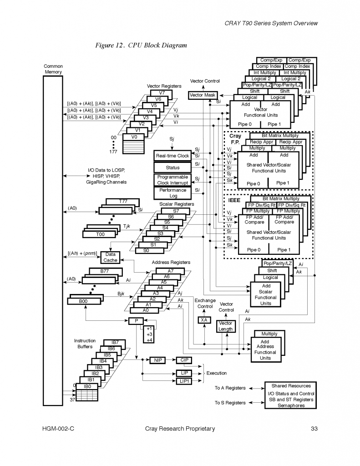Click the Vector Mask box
(x=202, y=95)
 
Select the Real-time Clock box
(x=172, y=156)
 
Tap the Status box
(x=172, y=167)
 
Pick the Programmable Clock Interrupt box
(x=172, y=180)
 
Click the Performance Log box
(x=172, y=193)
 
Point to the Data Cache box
(x=110, y=258)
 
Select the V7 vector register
(x=162, y=93)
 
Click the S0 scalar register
(x=146, y=250)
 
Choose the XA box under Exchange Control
(x=204, y=320)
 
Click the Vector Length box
(x=225, y=326)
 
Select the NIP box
(x=158, y=360)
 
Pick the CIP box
(x=184, y=360)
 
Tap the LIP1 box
(x=184, y=381)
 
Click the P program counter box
(x=136, y=321)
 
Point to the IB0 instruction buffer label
(x=87, y=386)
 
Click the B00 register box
(x=83, y=301)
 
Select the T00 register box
(x=100, y=234)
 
